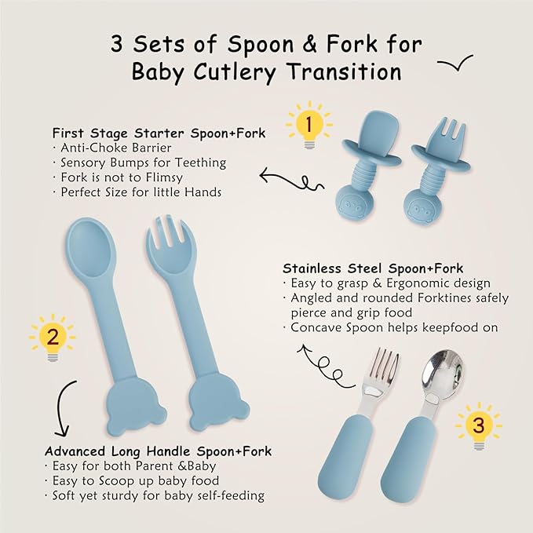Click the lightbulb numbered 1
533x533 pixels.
[308, 125]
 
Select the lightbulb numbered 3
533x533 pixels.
[478, 427]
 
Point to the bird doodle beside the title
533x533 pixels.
[455, 65]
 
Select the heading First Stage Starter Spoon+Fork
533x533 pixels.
[159, 133]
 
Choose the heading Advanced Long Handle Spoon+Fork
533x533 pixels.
[158, 451]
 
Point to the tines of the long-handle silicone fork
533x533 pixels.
[164, 233]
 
